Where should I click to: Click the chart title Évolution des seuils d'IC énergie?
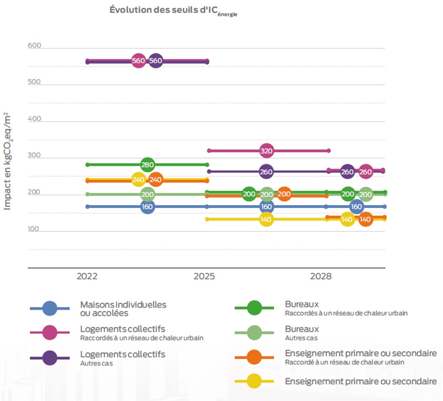pos(173,11)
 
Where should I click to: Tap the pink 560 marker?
pos(138,61)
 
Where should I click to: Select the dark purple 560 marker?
pos(156,61)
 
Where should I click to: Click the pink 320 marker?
pos(266,151)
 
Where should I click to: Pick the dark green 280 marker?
pos(148,164)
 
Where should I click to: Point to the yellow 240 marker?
pos(138,179)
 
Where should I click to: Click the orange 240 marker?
pos(155,179)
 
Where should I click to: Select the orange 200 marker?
pos(284,194)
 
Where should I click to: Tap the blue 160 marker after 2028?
pos(356,207)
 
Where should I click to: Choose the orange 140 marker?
pos(365,219)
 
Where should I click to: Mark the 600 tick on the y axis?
pos(34,45)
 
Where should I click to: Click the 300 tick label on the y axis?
pos(34,156)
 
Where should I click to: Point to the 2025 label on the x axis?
pos(204,277)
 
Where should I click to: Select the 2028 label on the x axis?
pos(320,277)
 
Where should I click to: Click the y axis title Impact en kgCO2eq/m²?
pos(8,162)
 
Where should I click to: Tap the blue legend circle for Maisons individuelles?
pos(49,309)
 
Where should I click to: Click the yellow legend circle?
pos(254,381)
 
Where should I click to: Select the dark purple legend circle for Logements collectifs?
pos(49,358)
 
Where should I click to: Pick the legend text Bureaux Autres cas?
pos(302,333)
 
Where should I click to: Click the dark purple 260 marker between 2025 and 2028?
pos(266,171)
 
